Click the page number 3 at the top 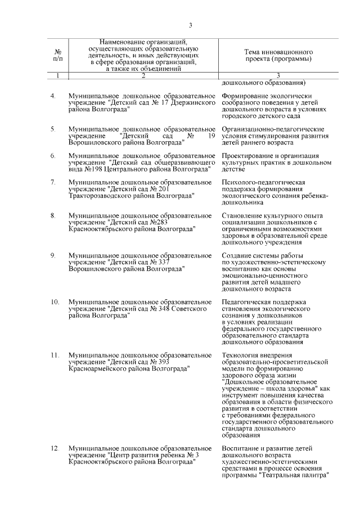(x=191, y=25)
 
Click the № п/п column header (x=57, y=55)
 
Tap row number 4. (x=53, y=96)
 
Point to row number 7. (x=53, y=182)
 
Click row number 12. (x=55, y=448)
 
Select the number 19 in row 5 (x=211, y=137)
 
